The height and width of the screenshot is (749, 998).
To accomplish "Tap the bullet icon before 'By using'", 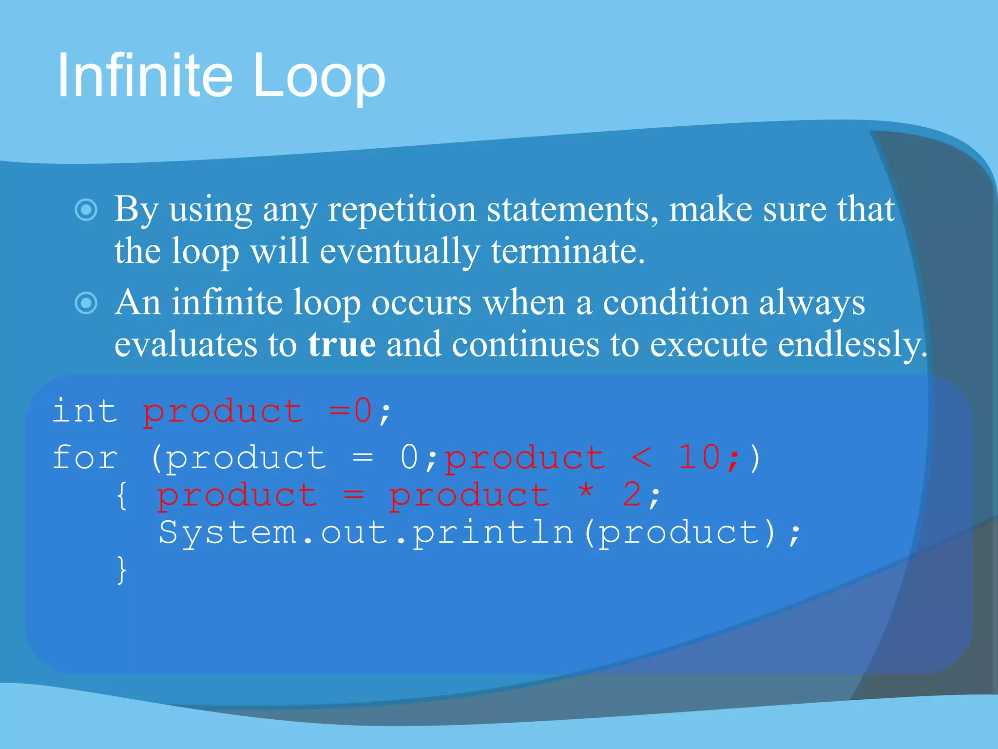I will (86, 210).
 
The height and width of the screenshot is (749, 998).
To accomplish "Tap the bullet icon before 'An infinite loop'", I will (86, 303).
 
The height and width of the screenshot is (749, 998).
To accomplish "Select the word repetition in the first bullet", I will (402, 210).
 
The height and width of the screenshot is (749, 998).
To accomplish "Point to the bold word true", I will (342, 344).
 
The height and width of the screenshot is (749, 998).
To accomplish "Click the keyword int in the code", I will (85, 411).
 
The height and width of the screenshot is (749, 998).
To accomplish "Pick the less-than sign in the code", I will (641, 458).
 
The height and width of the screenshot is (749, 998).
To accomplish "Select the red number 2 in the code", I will (632, 494).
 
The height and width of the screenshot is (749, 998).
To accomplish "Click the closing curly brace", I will (122, 570).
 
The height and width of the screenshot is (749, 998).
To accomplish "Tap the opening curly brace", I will (122, 495).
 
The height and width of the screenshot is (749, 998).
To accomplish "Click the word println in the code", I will (493, 532).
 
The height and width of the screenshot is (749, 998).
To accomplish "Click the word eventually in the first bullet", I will (400, 252).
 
